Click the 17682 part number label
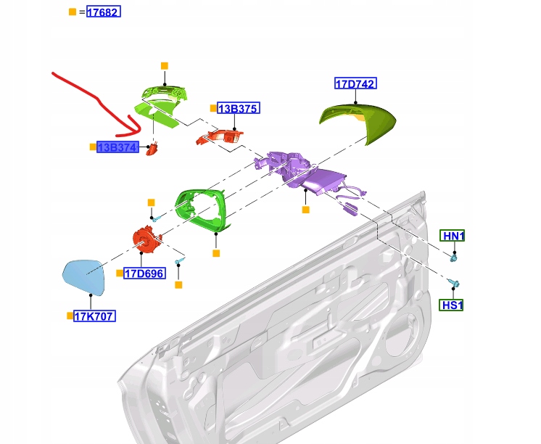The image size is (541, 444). [x=104, y=12]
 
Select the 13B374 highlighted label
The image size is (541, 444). [x=117, y=147]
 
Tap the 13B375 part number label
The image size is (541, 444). [x=239, y=108]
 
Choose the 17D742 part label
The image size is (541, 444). [x=355, y=83]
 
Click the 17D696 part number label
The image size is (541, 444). [x=144, y=274]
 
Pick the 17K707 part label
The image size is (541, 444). [x=94, y=316]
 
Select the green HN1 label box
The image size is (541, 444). [x=453, y=236]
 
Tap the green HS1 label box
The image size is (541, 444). [x=451, y=305]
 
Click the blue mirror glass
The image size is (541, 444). [x=84, y=277]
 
